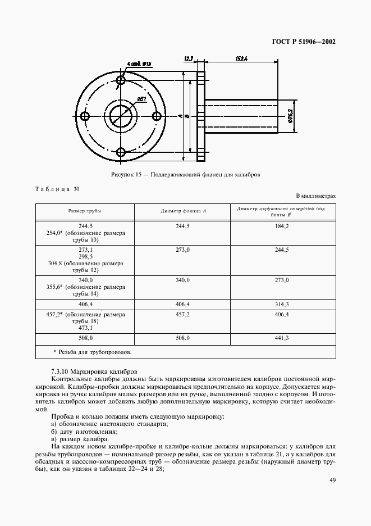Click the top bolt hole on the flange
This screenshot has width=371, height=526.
coord(121,80)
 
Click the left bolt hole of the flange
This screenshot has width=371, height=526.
coord(85,116)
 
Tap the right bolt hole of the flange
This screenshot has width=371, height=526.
coord(157,116)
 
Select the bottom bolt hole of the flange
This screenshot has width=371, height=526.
coord(121,151)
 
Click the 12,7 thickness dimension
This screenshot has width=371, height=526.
coord(189,57)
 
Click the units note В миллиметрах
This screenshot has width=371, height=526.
coord(315,196)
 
